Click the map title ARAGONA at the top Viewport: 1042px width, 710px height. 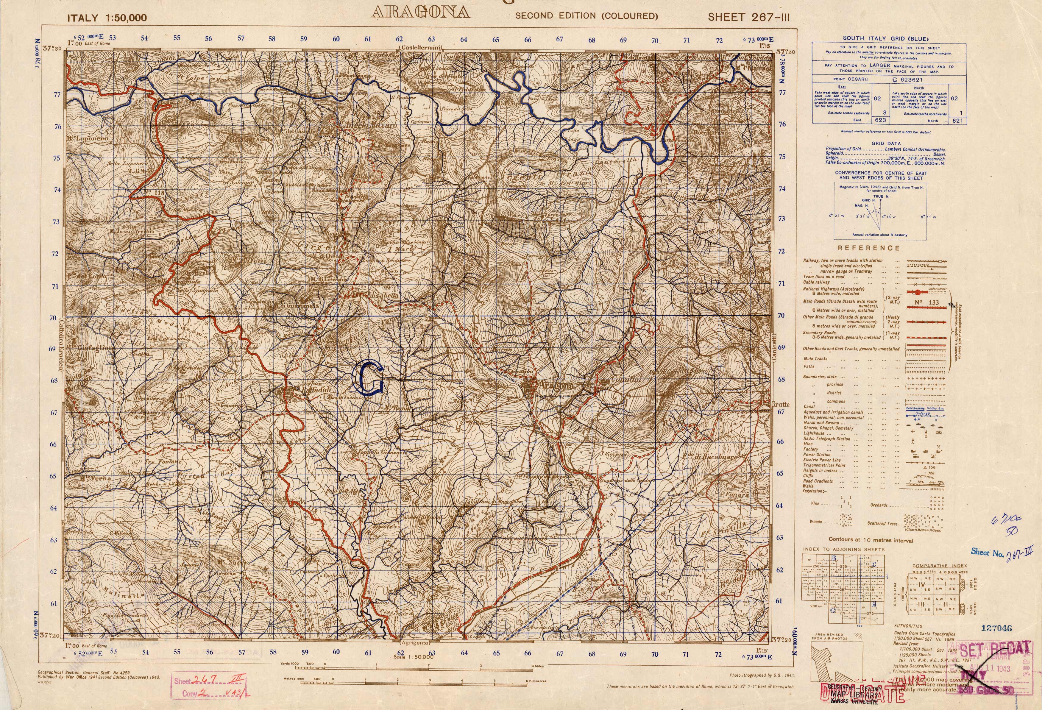pyautogui.click(x=421, y=13)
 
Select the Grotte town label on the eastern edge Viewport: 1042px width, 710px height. pyautogui.click(x=780, y=404)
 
